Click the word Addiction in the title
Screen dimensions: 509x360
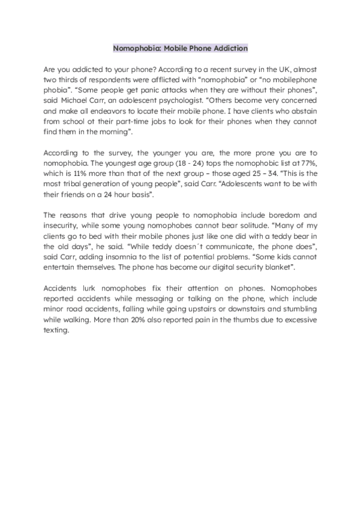click(227, 47)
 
